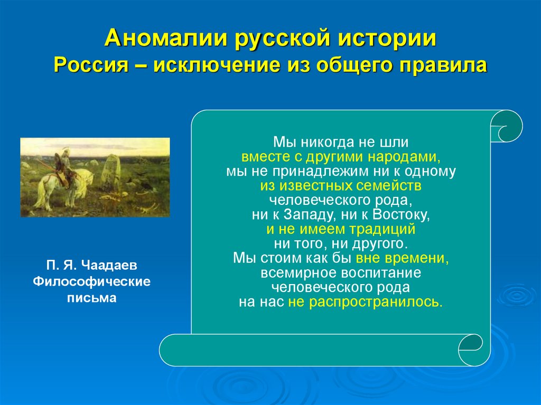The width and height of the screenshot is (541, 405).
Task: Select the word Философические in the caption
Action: pos(91,281)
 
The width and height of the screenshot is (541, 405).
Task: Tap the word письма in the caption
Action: pos(91,298)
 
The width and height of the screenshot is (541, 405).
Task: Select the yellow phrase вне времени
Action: pos(402,259)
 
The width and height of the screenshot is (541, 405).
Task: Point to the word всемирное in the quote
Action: pos(300,273)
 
